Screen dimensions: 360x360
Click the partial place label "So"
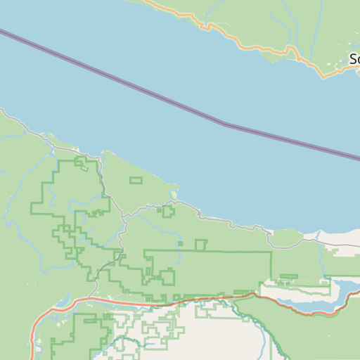coord(354,59)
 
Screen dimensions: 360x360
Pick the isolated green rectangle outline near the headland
coord(136,181)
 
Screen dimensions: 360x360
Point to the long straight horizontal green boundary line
coord(211,251)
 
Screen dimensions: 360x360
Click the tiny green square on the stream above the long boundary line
coord(181,244)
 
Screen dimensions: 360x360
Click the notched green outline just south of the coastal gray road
coord(168,211)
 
